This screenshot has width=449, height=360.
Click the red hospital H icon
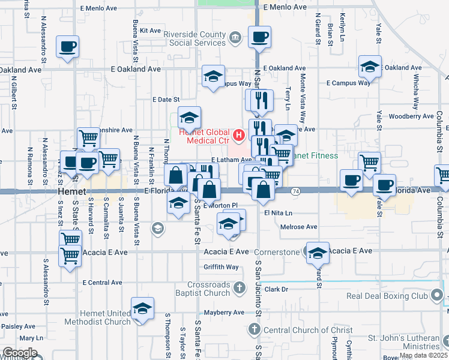pos(238,134)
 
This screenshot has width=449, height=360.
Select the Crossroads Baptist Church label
pos(200,288)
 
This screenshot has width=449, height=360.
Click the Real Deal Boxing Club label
pos(387,296)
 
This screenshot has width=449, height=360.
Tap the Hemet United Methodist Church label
pos(100,317)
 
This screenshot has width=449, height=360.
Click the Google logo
pos(20,353)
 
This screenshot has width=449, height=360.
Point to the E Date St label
pos(166,99)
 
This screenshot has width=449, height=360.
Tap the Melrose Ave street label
pos(299,227)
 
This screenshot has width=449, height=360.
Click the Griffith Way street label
pos(221,267)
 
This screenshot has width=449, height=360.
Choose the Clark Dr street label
pos(277,289)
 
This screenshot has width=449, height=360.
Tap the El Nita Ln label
pos(277,212)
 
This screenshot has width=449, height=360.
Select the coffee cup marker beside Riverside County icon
pos(260,37)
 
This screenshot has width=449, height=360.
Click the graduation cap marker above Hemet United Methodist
pos(142,310)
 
